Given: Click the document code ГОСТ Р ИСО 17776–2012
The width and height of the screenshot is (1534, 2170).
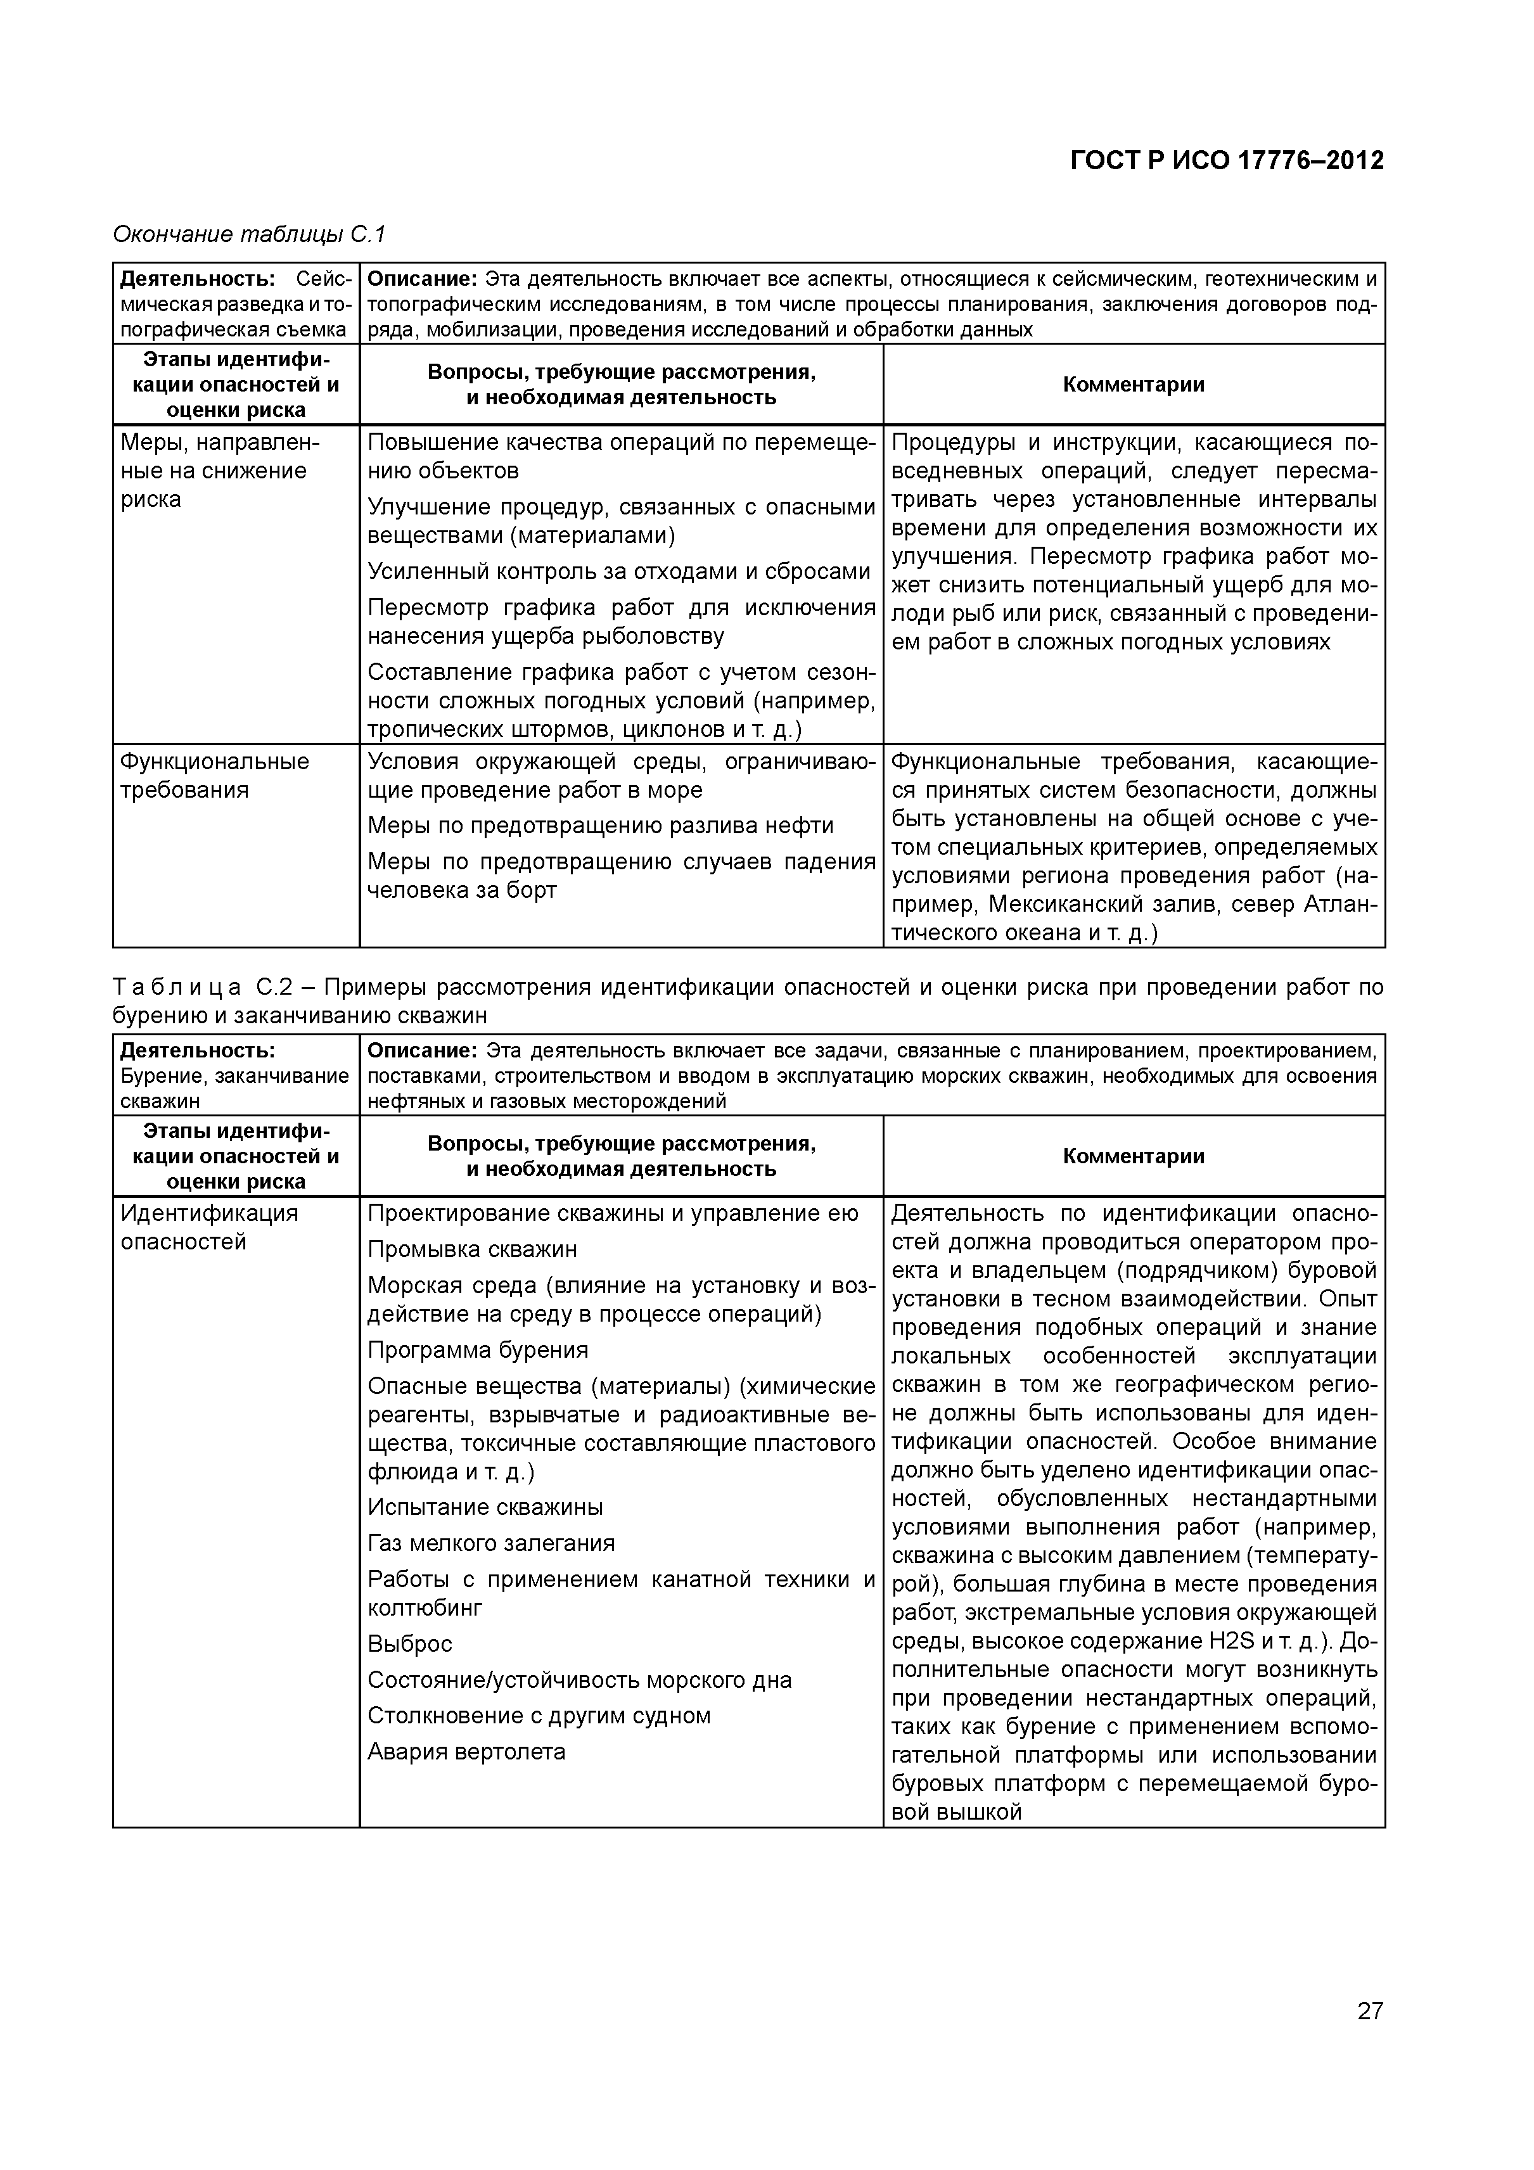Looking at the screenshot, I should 1226,161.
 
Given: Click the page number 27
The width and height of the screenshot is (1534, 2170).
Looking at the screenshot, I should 1369,2038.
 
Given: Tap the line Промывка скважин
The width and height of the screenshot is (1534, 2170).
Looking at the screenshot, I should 471,1249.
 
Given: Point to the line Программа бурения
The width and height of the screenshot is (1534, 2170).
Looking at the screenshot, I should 477,1350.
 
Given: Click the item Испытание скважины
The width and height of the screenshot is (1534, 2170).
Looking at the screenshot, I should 485,1507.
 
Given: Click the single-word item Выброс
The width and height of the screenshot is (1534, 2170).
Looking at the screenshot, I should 409,1643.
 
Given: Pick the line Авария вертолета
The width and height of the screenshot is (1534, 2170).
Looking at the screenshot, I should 466,1751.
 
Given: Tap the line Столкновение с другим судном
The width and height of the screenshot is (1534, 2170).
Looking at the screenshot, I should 539,1715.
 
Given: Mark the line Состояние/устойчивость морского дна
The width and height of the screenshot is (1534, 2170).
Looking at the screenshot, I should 578,1680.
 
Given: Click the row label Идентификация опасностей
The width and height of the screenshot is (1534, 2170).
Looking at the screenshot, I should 209,1227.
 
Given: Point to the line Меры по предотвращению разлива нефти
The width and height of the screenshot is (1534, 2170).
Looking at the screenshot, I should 600,826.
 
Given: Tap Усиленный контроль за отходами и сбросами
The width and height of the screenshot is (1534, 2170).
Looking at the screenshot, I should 618,571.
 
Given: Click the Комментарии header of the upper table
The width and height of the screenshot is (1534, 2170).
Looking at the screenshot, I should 1134,384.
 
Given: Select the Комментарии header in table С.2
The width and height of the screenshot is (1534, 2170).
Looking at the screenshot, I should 1134,1156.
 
